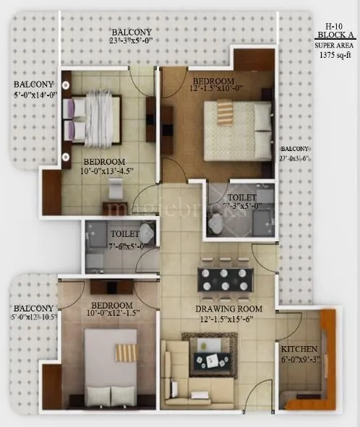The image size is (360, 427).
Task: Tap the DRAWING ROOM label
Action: click(x=228, y=309)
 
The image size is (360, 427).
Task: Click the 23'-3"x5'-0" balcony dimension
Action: click(x=131, y=42)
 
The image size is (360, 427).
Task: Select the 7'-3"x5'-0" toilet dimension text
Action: click(x=241, y=206)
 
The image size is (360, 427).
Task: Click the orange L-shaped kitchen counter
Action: click(x=325, y=361)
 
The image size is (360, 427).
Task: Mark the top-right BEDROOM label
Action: click(x=214, y=79)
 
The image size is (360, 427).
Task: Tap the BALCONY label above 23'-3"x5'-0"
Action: click(x=131, y=32)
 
